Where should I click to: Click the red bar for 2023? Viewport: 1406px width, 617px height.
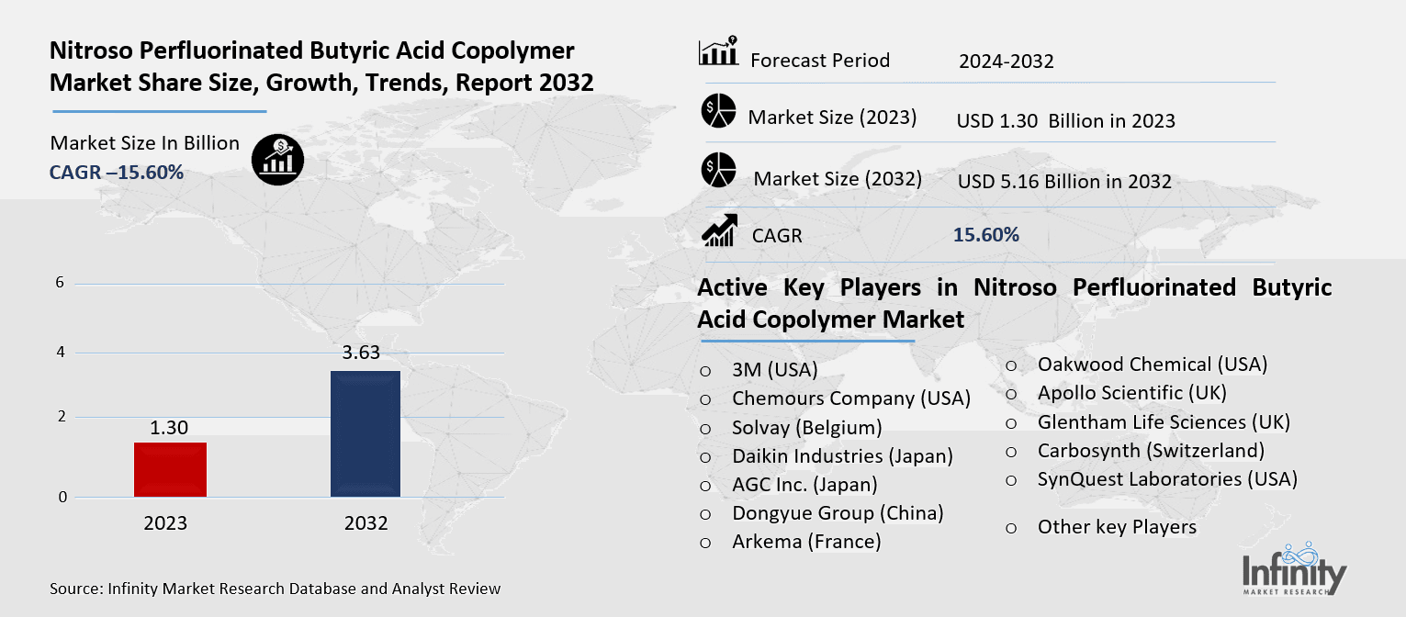tap(170, 470)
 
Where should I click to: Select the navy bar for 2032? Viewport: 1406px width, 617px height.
tap(365, 434)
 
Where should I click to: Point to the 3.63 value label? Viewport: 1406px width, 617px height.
tap(361, 353)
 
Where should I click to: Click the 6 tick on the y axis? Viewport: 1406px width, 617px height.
tap(60, 283)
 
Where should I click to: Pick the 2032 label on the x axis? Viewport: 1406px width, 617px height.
tap(366, 523)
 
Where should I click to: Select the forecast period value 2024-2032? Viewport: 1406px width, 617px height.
tap(1006, 62)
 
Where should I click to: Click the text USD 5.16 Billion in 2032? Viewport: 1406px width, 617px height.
tap(1064, 182)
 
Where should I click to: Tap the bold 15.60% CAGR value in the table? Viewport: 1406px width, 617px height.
tap(986, 235)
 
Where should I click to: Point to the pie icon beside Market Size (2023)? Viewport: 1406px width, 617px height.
tap(718, 111)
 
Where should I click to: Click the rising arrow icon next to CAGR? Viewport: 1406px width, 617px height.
tap(718, 230)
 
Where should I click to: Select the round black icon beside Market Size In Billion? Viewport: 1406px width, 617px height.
tap(277, 160)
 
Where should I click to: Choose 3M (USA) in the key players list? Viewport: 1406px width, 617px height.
tap(774, 370)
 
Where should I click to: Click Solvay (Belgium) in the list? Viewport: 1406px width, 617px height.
tap(806, 427)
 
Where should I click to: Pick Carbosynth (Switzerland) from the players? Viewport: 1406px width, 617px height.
tap(1151, 450)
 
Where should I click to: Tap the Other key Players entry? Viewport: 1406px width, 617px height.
tap(1117, 527)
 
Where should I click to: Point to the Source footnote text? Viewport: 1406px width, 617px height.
tap(276, 589)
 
